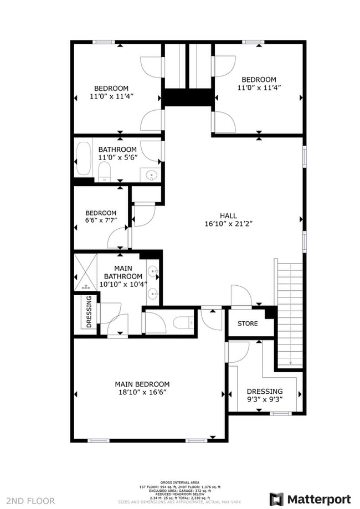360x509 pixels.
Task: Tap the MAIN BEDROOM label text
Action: click(142, 384)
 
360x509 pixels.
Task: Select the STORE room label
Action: click(248, 323)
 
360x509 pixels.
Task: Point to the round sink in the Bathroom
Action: click(151, 176)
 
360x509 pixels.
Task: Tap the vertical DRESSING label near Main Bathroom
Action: click(89, 313)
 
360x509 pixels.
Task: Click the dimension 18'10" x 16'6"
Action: click(142, 392)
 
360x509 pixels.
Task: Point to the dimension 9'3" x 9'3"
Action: click(264, 399)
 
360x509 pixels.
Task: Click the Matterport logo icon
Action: click(277, 499)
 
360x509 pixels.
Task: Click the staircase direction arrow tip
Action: click(290, 363)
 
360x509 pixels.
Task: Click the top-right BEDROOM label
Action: click(259, 79)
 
